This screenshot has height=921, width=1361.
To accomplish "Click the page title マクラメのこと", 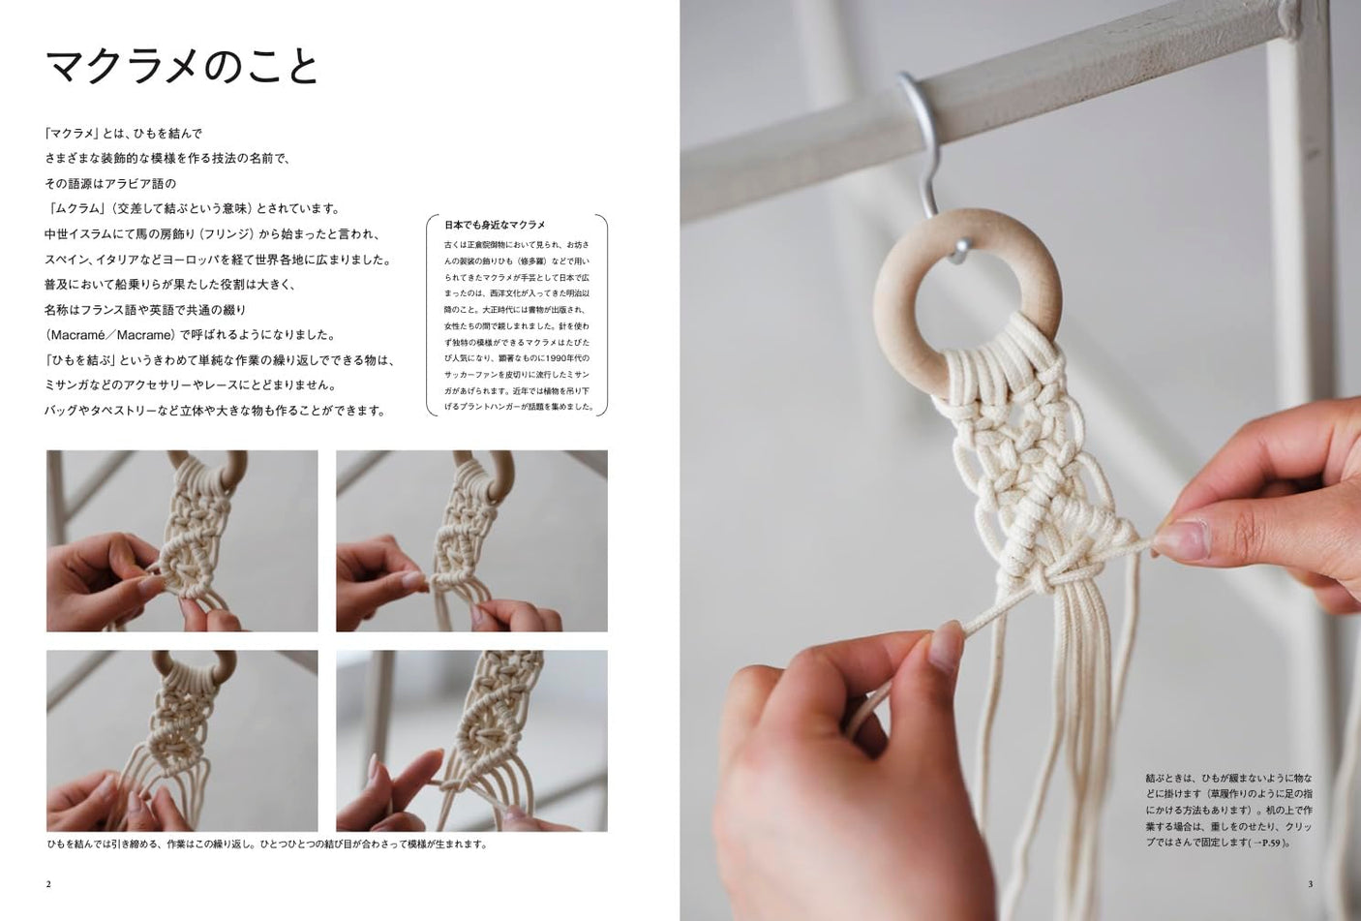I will (182, 67).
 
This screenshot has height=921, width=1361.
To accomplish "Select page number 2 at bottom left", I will (48, 883).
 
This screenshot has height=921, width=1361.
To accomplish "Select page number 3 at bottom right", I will (1310, 883).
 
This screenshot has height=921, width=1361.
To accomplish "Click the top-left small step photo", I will (182, 540).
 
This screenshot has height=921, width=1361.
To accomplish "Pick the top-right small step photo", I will (471, 540).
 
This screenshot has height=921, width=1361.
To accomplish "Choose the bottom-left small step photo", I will (182, 740).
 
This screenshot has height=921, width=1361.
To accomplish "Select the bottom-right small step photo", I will (471, 740).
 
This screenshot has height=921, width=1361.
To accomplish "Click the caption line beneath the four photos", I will (267, 844).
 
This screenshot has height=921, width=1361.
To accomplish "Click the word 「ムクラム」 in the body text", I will (76, 208).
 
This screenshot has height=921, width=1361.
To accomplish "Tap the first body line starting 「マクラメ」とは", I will (123, 134).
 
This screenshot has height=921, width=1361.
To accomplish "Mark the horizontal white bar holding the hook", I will (1065, 107).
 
